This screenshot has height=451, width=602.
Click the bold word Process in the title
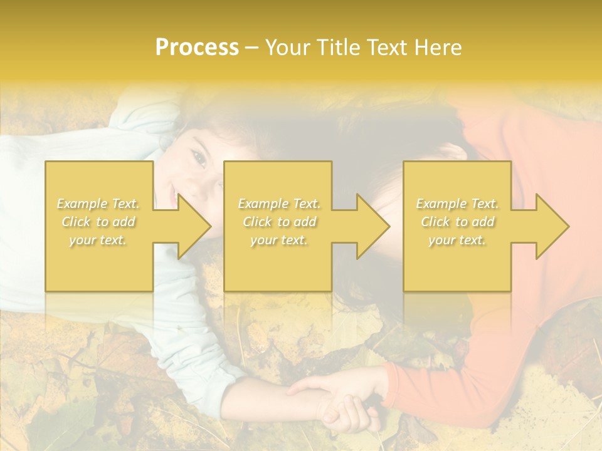click(197, 48)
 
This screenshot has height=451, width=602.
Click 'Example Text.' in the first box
click(98, 204)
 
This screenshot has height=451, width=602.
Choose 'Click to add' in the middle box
click(279, 222)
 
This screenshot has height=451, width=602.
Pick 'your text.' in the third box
click(457, 240)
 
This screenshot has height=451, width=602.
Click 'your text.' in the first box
click(98, 240)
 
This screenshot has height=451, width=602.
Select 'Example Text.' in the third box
click(457, 204)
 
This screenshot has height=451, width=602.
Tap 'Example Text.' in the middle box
click(279, 204)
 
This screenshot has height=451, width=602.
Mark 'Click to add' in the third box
click(457, 222)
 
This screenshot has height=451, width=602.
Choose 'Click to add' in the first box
click(98, 222)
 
